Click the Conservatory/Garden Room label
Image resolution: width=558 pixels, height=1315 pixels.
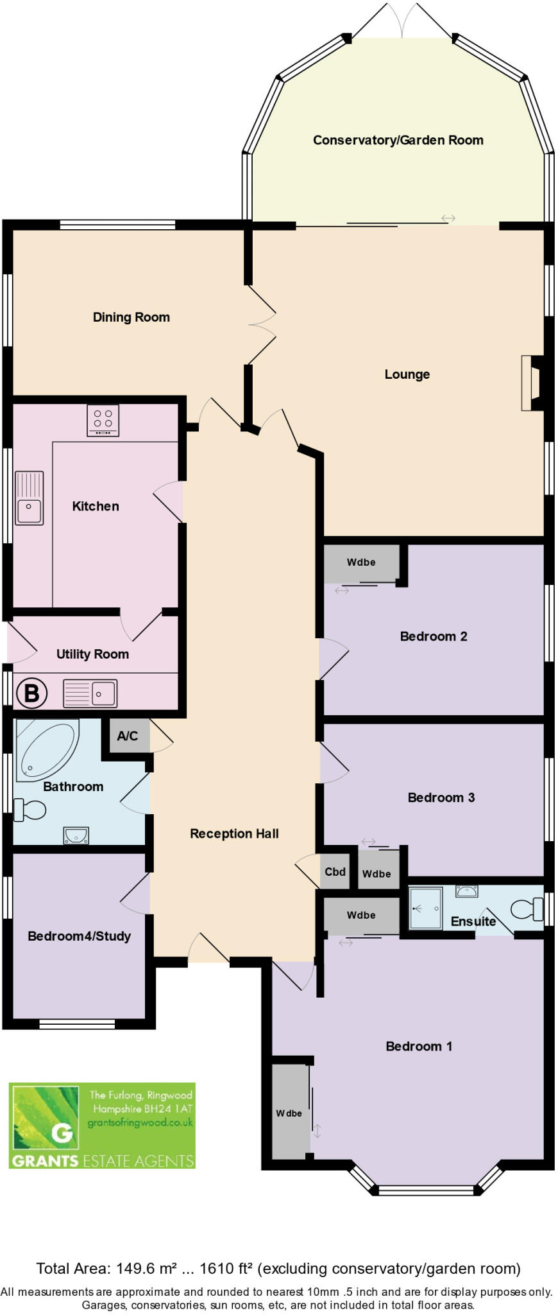point(398,140)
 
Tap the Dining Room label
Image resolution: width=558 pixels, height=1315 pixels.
point(131,317)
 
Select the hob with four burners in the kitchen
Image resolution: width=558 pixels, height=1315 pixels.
point(103,421)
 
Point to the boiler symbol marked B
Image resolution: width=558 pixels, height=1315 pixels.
point(31,693)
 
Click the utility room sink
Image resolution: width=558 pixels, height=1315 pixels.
point(90,693)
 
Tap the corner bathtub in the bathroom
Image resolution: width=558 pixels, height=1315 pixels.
point(46,749)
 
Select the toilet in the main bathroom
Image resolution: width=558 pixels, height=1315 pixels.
point(30,810)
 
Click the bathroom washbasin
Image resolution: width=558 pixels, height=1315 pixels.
point(76,835)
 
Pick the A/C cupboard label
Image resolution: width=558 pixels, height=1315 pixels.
point(127,736)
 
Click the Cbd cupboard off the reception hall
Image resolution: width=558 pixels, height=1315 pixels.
point(335,871)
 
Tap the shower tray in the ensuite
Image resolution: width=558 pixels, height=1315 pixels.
point(425,908)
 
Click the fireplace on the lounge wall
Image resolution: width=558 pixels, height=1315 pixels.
point(533,383)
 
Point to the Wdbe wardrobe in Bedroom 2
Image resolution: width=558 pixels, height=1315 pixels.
point(361,562)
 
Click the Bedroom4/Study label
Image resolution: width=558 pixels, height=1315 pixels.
point(79,936)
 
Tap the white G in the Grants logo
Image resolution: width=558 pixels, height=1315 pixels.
point(62,1132)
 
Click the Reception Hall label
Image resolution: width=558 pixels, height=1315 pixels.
point(234,833)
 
